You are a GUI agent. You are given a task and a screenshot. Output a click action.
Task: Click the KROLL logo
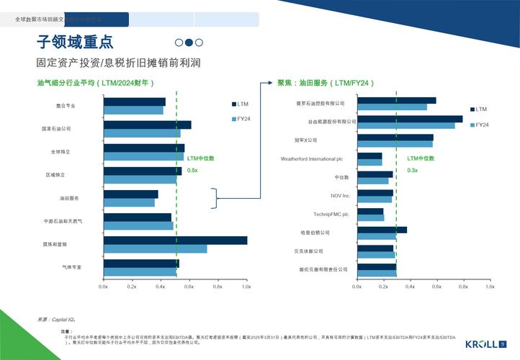[x=481, y=343]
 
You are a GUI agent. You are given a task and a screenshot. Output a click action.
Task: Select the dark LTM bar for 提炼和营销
[x=175, y=240]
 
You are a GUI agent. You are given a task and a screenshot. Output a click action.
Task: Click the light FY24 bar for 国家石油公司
[x=141, y=133]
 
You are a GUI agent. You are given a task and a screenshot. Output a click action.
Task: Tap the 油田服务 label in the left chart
[x=69, y=198]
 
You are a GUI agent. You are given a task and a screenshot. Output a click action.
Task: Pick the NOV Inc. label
[x=341, y=195]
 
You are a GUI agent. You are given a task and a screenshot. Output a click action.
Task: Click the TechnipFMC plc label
[x=331, y=214]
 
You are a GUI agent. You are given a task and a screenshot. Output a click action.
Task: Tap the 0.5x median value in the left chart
[x=192, y=170]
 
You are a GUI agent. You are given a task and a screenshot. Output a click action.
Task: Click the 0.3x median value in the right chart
[x=413, y=170]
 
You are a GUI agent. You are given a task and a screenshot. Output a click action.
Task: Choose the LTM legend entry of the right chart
[x=480, y=109]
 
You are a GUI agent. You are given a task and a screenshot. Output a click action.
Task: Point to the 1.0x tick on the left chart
[x=246, y=287]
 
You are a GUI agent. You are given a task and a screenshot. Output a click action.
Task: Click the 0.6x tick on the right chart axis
[x=436, y=287]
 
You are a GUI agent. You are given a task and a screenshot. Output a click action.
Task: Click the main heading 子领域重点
[x=75, y=42]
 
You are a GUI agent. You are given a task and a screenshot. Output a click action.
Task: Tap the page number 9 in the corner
[x=502, y=343]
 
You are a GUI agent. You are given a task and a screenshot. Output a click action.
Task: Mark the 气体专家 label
[x=71, y=267]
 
